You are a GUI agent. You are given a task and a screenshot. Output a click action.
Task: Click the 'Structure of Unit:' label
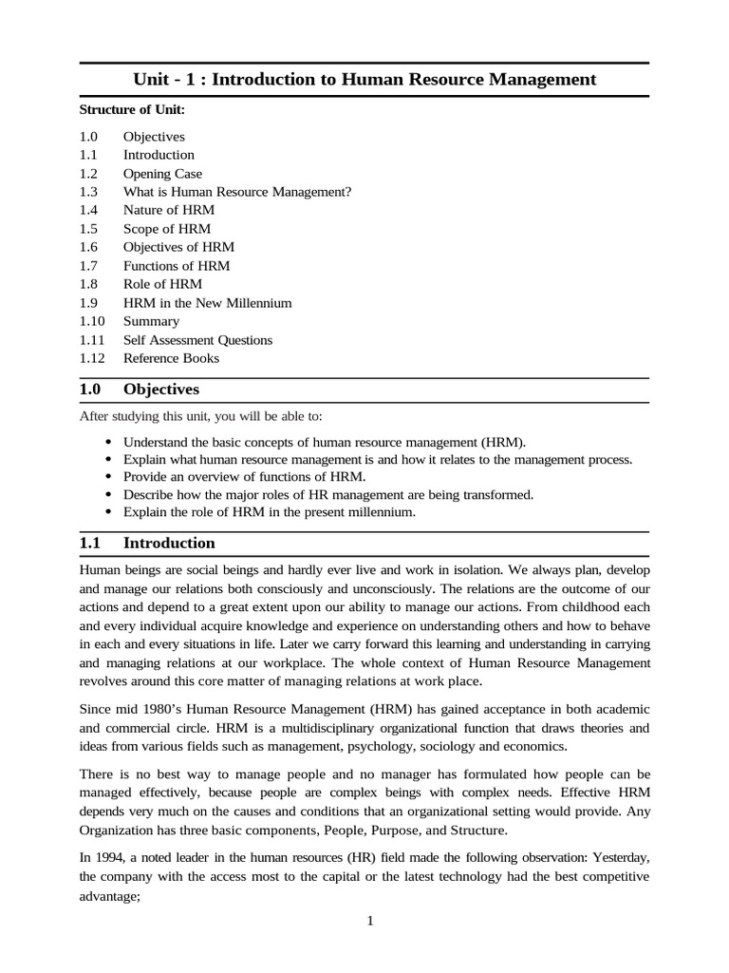tap(131, 110)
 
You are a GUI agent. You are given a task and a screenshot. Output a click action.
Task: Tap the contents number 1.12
tap(95, 358)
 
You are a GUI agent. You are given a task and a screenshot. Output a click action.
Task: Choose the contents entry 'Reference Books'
tap(171, 358)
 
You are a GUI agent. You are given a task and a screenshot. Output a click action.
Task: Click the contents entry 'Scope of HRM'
tap(167, 229)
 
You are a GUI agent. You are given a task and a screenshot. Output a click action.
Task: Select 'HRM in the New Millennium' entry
tap(207, 303)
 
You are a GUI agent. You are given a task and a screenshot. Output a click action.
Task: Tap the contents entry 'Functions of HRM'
tap(177, 266)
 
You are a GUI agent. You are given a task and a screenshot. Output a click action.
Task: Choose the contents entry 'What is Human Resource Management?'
tap(237, 192)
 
